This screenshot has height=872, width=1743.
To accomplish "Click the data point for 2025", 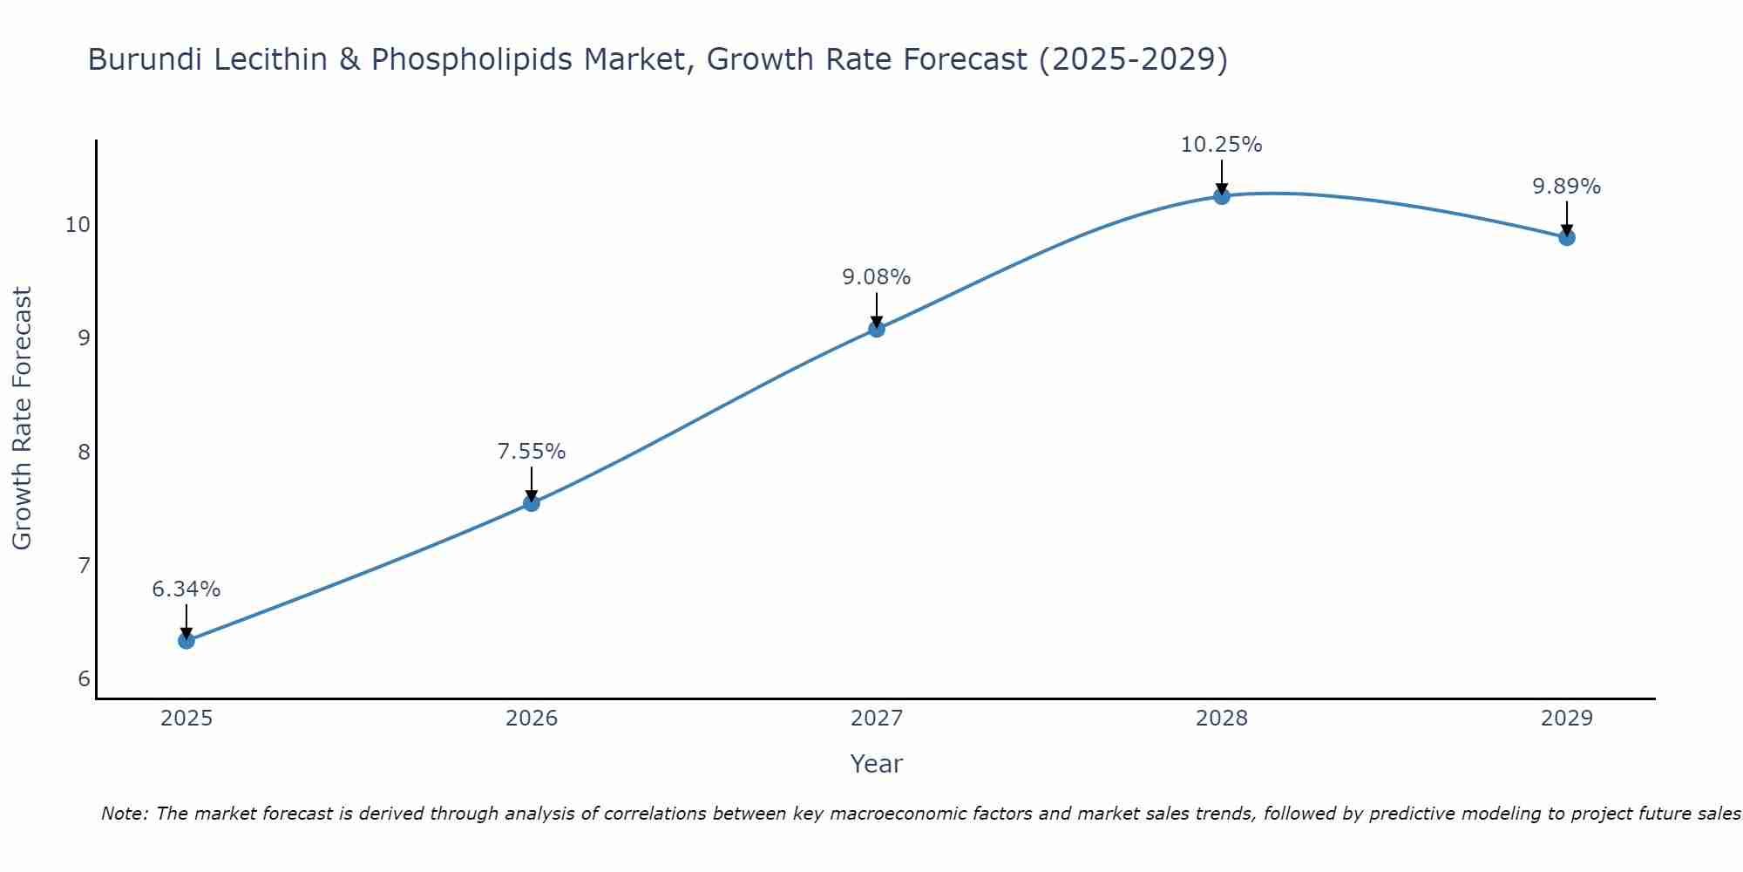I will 187,641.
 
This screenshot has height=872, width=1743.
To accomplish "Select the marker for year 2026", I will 532,503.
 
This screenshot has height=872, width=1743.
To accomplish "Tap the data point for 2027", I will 877,329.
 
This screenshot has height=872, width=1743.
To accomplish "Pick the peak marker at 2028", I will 1222,196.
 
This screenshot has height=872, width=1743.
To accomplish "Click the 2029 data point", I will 1567,237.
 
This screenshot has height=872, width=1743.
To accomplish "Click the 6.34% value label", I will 187,589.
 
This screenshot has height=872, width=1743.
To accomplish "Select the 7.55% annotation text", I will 532,452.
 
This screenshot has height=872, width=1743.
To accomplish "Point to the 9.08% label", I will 877,277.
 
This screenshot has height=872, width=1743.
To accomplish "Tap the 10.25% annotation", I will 1222,145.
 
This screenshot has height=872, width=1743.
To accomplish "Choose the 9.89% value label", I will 1567,187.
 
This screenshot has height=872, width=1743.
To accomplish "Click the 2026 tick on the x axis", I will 532,719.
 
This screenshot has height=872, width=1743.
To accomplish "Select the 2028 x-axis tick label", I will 1222,719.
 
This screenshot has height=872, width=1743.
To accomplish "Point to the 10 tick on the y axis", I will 78,225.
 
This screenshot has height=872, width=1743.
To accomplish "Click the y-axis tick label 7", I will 84,566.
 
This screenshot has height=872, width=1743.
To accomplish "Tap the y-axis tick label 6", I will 84,679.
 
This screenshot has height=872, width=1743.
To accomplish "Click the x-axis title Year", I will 877,764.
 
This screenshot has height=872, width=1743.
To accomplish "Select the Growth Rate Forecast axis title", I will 23,419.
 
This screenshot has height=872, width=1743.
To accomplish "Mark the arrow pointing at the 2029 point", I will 1567,218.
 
